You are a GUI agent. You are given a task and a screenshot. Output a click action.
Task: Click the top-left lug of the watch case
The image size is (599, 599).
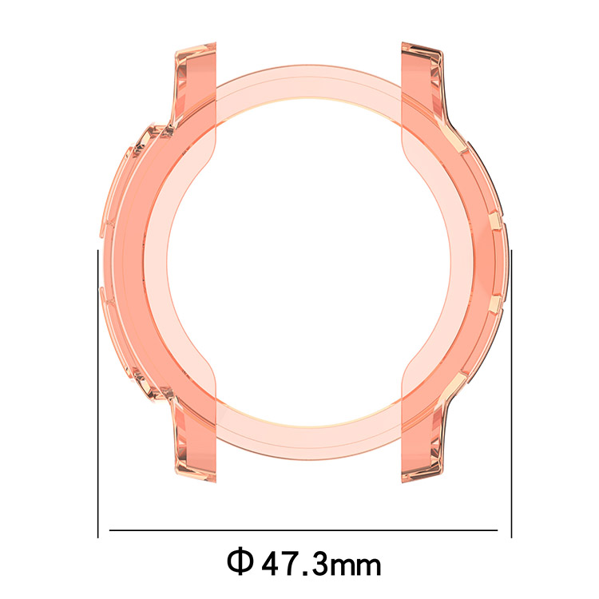point(196,84)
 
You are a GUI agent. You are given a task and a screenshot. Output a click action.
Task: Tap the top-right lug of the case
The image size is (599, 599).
point(422,84)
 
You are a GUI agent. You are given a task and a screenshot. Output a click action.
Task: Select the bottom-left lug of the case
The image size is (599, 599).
point(196,439)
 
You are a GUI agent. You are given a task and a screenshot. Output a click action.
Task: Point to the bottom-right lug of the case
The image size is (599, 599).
point(422,439)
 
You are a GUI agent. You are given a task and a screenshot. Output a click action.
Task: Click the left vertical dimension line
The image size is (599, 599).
point(98,394)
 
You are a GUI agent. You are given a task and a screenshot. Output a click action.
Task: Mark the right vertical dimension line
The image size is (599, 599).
point(511,394)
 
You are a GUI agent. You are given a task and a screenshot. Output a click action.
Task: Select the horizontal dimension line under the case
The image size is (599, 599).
point(303,530)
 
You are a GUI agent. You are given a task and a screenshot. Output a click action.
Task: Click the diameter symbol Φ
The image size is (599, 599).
point(240,561)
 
